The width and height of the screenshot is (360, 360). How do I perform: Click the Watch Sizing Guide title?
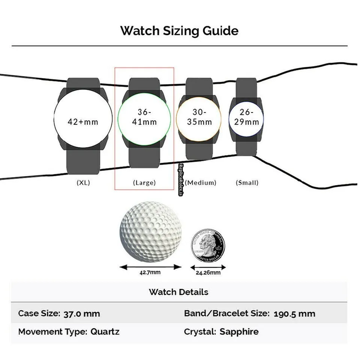coord(179,31)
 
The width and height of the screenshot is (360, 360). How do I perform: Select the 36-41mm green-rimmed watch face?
coord(144,117)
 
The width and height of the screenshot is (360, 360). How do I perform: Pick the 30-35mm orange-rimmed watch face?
coord(199,117)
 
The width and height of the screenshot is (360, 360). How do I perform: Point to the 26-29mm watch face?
coord(246,117)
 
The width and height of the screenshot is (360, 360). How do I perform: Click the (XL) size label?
coord(83,183)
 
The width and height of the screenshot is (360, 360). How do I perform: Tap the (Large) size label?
coord(144,183)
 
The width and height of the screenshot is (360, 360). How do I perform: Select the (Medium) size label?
coord(201,183)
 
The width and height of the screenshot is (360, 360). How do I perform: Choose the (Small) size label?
coord(247,183)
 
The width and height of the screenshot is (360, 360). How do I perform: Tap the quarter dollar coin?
coord(208,246)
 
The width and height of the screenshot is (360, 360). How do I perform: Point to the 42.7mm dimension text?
coord(150,272)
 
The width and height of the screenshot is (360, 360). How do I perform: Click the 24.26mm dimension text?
coord(208,273)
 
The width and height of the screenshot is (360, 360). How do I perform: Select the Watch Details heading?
coord(178,292)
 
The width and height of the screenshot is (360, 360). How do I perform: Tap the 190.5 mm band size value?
coord(294,313)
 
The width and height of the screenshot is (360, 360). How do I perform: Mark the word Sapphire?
coord(239,331)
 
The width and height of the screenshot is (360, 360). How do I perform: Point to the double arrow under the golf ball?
coord(150,267)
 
